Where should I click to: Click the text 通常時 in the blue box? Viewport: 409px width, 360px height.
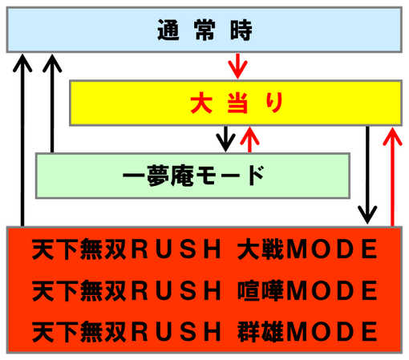204,30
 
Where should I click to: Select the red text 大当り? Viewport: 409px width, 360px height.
237,103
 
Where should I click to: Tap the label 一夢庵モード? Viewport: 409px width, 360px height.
193,176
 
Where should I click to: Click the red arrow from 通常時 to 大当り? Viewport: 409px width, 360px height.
237,66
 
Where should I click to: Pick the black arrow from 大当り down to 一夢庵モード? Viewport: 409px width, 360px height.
226,139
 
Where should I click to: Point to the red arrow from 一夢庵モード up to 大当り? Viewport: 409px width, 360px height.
249,140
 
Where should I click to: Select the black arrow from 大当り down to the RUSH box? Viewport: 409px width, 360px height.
367,175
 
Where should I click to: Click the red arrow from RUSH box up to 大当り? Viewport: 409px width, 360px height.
392,177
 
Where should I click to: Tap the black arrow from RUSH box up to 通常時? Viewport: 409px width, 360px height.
22,140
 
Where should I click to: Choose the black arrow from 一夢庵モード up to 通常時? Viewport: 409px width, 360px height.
52,103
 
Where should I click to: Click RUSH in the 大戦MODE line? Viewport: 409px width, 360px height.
176,249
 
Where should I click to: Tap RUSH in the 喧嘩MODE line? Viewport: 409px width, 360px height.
176,290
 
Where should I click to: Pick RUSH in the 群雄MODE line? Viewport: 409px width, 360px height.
176,331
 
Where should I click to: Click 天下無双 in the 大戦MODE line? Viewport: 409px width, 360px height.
79,249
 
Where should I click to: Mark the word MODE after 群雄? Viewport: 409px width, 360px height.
331,331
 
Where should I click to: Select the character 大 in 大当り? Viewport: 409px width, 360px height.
201,103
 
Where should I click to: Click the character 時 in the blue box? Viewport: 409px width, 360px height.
241,30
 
